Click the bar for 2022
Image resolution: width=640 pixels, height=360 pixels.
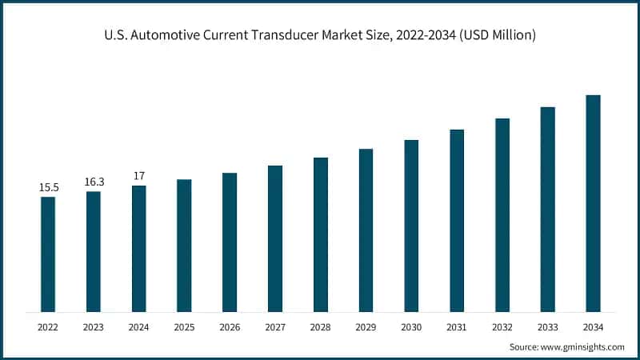tap(48, 254)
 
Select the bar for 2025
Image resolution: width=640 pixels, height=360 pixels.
tap(184, 245)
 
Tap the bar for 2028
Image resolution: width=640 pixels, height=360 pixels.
tap(320, 234)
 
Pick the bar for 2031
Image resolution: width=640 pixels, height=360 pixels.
tap(457, 220)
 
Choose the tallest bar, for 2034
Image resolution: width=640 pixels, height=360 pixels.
tap(593, 203)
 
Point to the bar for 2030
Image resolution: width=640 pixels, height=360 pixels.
tap(411, 226)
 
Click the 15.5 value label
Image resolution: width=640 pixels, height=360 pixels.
tap(48, 187)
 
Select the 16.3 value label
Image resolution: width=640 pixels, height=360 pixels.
tap(94, 182)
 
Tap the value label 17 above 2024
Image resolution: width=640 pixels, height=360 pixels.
tap(138, 176)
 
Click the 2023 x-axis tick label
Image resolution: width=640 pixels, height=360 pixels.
tap(94, 327)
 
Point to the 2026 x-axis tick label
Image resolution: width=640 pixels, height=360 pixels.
tap(230, 327)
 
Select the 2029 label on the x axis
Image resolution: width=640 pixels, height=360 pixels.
tap(366, 327)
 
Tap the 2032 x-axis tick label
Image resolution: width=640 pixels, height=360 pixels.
tap(502, 327)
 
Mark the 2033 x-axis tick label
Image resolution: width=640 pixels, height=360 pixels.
tap(547, 327)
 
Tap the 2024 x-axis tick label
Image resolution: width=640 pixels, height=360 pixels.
tap(138, 327)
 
